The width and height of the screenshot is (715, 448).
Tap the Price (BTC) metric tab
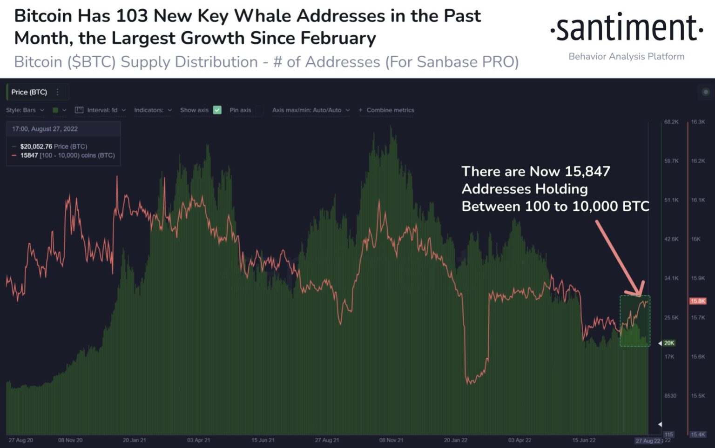pyautogui.click(x=29, y=92)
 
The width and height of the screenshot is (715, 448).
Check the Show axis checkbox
pyautogui.click(x=217, y=110)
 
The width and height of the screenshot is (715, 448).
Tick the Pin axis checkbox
pyautogui.click(x=259, y=110)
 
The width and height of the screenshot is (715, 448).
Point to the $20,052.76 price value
pyautogui.click(x=36, y=147)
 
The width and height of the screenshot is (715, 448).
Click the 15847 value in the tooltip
pyautogui.click(x=29, y=155)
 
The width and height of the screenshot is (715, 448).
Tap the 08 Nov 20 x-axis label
pyautogui.click(x=70, y=440)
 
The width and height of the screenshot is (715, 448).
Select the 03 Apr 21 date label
pyautogui.click(x=199, y=440)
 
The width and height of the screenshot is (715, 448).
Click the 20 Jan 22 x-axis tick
pyautogui.click(x=455, y=440)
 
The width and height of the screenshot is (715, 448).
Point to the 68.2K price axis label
pyautogui.click(x=671, y=122)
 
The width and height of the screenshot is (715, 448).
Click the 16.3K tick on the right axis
pyautogui.click(x=698, y=122)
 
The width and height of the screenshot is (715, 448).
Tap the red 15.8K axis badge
pyautogui.click(x=698, y=301)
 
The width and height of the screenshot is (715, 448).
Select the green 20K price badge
pyautogui.click(x=669, y=343)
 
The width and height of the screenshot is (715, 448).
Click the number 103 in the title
pyautogui.click(x=132, y=16)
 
